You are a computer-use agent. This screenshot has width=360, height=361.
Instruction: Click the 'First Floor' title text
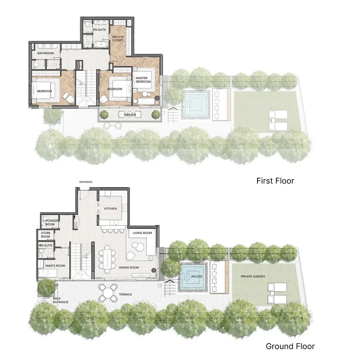coord(275,181)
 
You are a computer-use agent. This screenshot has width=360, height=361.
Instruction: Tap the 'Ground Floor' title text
coord(290,346)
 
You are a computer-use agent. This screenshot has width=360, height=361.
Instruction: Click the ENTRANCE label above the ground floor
coord(86,182)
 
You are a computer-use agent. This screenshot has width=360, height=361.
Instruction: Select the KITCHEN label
coord(110,209)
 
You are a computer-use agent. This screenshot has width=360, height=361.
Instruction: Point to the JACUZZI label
coord(196,276)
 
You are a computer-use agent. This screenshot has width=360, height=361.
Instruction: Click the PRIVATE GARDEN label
coord(253,276)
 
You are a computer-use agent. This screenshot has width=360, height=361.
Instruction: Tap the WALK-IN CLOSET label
coord(118,38)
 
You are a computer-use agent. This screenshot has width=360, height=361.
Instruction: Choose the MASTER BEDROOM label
coord(143,80)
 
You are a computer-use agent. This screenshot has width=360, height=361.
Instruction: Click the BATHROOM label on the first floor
coord(46,53)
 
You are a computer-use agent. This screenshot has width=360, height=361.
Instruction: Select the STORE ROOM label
coord(46,235)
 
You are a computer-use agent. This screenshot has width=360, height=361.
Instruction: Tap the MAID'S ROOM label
coord(55,266)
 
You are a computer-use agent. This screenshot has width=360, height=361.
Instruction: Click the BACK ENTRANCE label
coord(60,300)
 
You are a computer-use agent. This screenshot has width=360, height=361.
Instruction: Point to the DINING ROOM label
coord(129,268)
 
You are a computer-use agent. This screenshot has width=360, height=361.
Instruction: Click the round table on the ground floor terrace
coord(108,293)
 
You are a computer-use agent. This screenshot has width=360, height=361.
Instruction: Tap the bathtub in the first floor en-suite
coord(101,44)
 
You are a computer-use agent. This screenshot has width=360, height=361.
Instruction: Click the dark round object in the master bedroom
coord(157,98)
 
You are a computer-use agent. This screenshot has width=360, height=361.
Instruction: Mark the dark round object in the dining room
coord(154,270)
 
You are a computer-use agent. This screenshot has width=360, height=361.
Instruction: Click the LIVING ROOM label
coord(142,233)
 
